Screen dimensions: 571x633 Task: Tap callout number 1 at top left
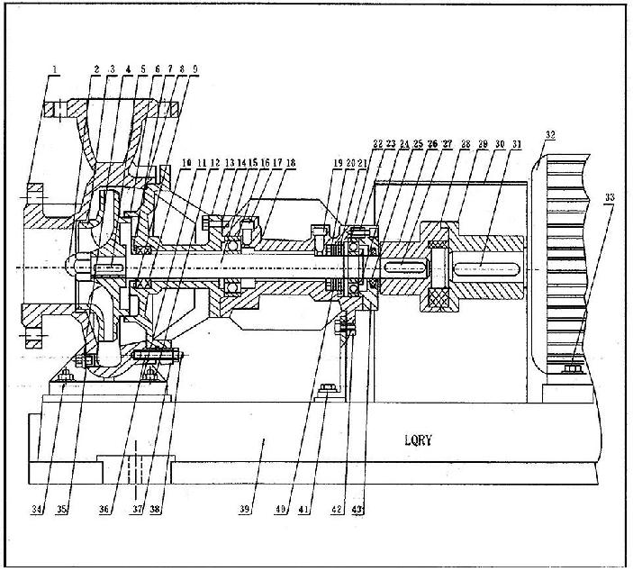[x=54, y=69]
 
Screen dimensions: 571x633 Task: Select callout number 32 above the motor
[x=549, y=136]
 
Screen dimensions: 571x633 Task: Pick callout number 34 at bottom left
[x=38, y=511]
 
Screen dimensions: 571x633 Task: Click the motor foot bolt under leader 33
[x=570, y=367]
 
